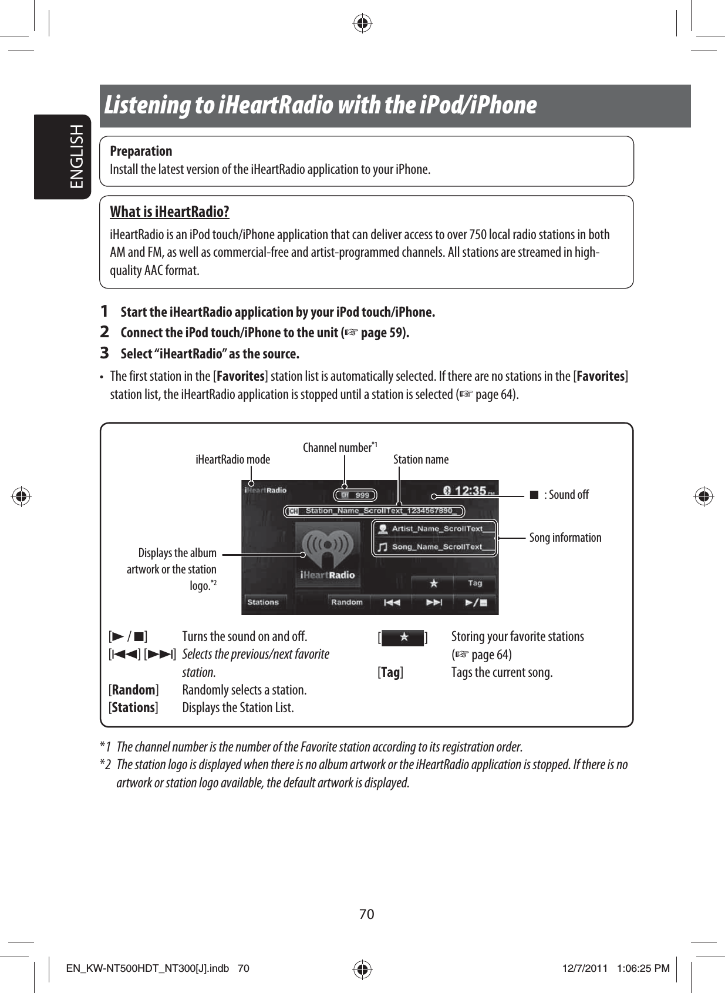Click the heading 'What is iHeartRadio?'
[x=170, y=212]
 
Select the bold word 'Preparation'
[x=141, y=151]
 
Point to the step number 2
[x=104, y=332]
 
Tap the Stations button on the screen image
[x=262, y=602]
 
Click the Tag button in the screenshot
[x=474, y=583]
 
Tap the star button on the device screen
[x=433, y=583]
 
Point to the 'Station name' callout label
[x=420, y=459]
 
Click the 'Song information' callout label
[x=565, y=538]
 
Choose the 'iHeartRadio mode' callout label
[x=232, y=459]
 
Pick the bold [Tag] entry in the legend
[x=390, y=672]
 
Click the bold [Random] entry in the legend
[x=134, y=690]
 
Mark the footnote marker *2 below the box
[x=106, y=764]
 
